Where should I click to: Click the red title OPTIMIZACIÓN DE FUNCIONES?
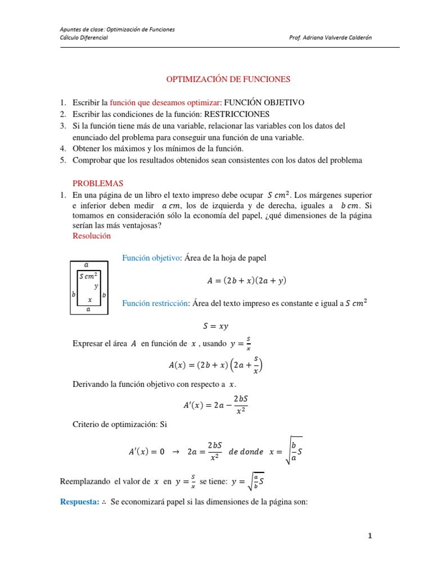point(228,79)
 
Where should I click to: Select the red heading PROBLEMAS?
point(98,183)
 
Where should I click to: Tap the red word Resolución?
point(92,236)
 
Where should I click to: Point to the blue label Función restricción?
point(155,304)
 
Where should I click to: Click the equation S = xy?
point(215,326)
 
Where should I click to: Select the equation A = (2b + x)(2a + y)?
point(244,280)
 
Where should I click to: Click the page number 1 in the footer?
point(370,536)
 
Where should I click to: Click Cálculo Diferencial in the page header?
point(84,37)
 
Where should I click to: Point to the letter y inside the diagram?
point(96,286)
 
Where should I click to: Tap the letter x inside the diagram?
point(89,299)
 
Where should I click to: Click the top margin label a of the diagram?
point(86,264)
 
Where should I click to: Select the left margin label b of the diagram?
point(73,294)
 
